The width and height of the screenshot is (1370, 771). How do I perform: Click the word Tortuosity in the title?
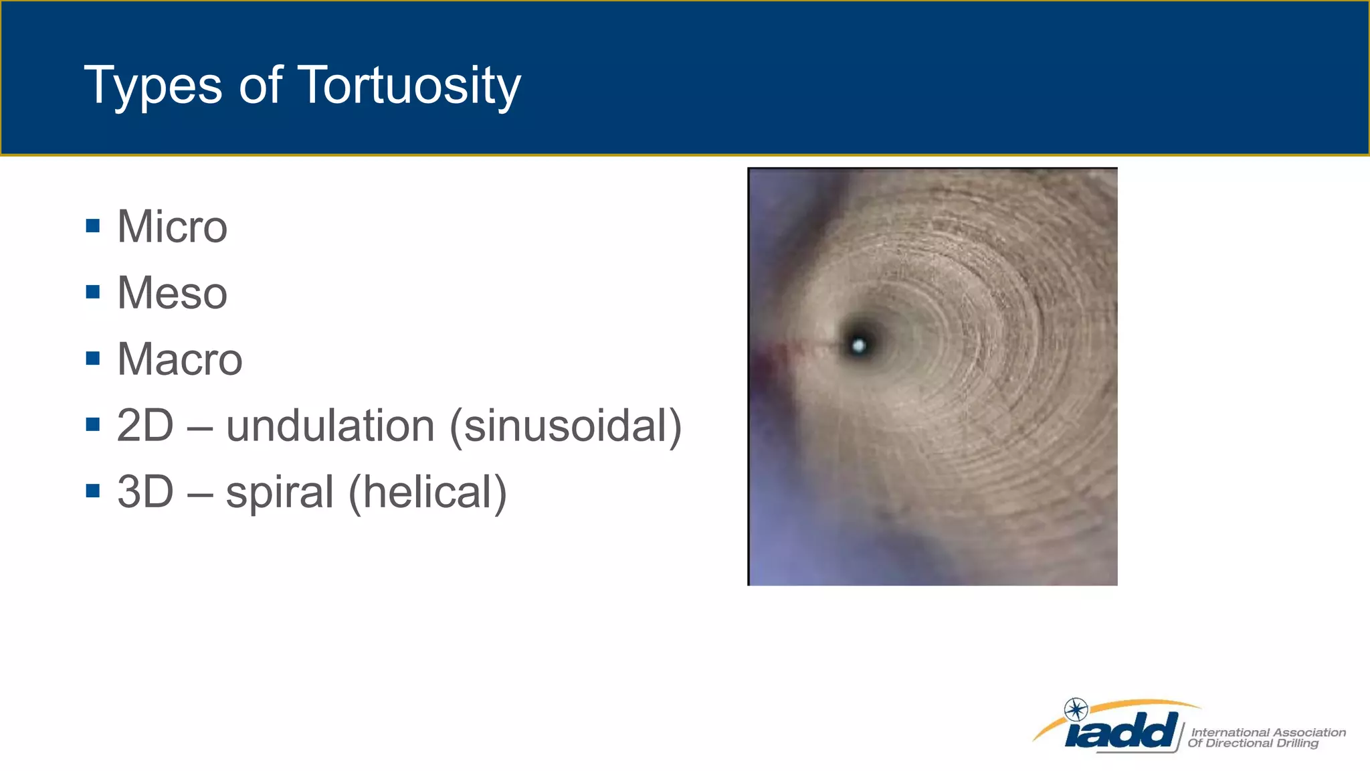coord(408,86)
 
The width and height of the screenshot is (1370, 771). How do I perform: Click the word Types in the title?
coord(153,86)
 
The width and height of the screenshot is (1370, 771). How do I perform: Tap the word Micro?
coord(172,227)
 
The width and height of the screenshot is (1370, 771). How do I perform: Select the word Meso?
coord(172,293)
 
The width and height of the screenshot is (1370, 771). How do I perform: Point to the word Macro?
coord(179,359)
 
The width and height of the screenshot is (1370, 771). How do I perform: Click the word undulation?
coord(330,426)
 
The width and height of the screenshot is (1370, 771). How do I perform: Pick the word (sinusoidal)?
coord(565,426)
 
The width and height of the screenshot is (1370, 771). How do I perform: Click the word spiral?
coord(280,492)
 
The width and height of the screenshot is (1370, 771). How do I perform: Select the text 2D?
coord(145,426)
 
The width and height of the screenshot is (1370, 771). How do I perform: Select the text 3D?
coord(145,492)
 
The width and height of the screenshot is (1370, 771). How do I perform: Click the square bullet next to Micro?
coord(93,226)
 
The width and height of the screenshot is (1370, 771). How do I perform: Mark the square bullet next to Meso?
coord(93,292)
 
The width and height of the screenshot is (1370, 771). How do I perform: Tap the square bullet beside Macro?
coord(93,358)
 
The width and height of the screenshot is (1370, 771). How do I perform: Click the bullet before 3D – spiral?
coord(93,491)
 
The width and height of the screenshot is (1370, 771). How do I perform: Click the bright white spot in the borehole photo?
coord(859,345)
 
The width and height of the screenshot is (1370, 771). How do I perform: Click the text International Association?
coord(1268,732)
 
